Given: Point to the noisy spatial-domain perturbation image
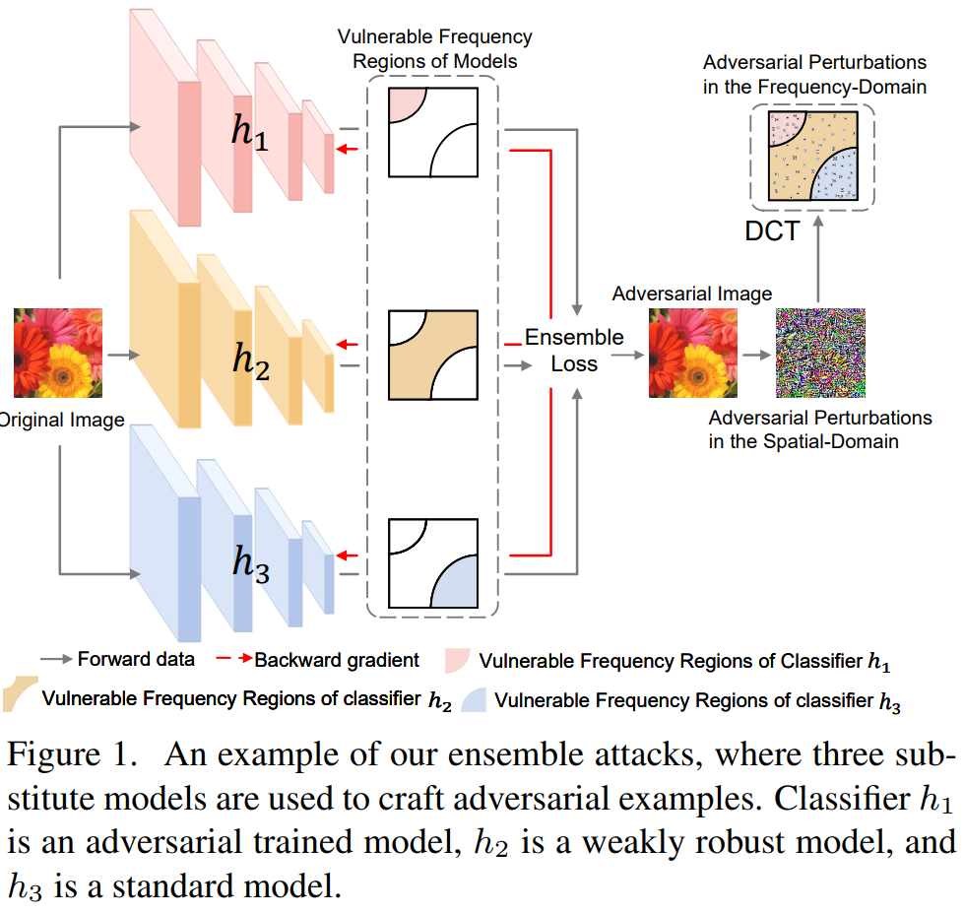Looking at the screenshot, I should click(x=820, y=353).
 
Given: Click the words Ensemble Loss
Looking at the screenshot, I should click(x=574, y=350).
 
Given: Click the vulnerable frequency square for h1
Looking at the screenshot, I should click(x=433, y=131).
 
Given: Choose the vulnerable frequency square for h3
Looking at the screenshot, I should click(x=433, y=562).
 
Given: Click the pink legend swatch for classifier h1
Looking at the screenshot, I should click(x=459, y=661).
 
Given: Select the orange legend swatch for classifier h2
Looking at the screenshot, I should click(x=20, y=693).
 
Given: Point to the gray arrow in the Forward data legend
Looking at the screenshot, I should click(x=55, y=660).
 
